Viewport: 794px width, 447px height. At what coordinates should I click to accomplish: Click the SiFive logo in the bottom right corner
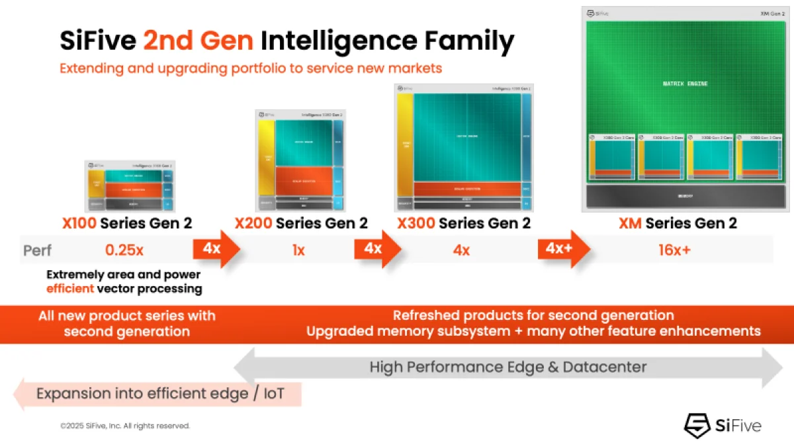coord(723,424)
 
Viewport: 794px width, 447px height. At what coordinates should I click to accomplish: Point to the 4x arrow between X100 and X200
coord(216,249)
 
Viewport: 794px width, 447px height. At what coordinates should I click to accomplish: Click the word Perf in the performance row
coord(38,250)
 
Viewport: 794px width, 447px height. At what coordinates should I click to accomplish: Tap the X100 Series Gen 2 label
coord(127,223)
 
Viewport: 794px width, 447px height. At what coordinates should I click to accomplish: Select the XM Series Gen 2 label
coord(678,223)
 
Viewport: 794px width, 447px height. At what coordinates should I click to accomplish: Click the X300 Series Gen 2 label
coord(463,223)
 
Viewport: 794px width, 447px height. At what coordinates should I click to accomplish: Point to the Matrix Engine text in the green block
coord(685,84)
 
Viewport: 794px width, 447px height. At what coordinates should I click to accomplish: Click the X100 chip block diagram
coord(130,186)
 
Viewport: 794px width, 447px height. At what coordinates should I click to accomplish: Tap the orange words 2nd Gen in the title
coord(198,41)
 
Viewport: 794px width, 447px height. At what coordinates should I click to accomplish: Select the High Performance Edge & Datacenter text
coord(507,366)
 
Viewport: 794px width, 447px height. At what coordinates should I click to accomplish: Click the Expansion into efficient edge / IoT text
coord(160,394)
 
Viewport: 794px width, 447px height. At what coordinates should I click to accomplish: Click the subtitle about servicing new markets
coord(250,68)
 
